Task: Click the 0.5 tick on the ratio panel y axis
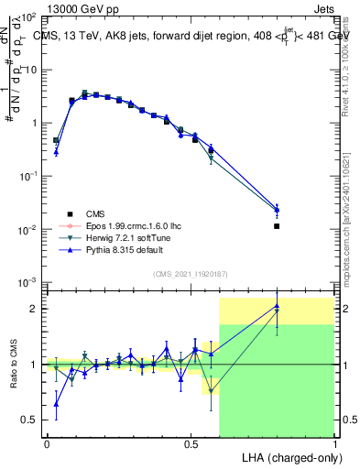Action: click(29, 420)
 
